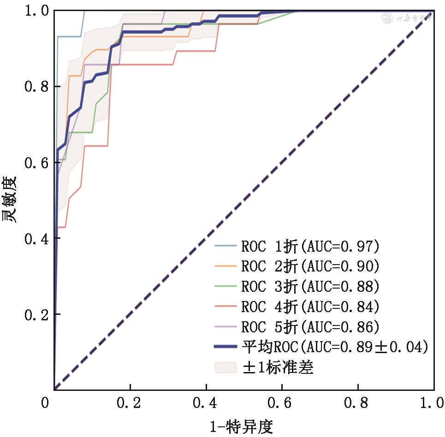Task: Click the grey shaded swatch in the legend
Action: pyautogui.click(x=226, y=367)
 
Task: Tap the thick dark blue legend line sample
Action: pyautogui.click(x=226, y=347)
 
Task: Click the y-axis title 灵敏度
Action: pyautogui.click(x=11, y=199)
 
